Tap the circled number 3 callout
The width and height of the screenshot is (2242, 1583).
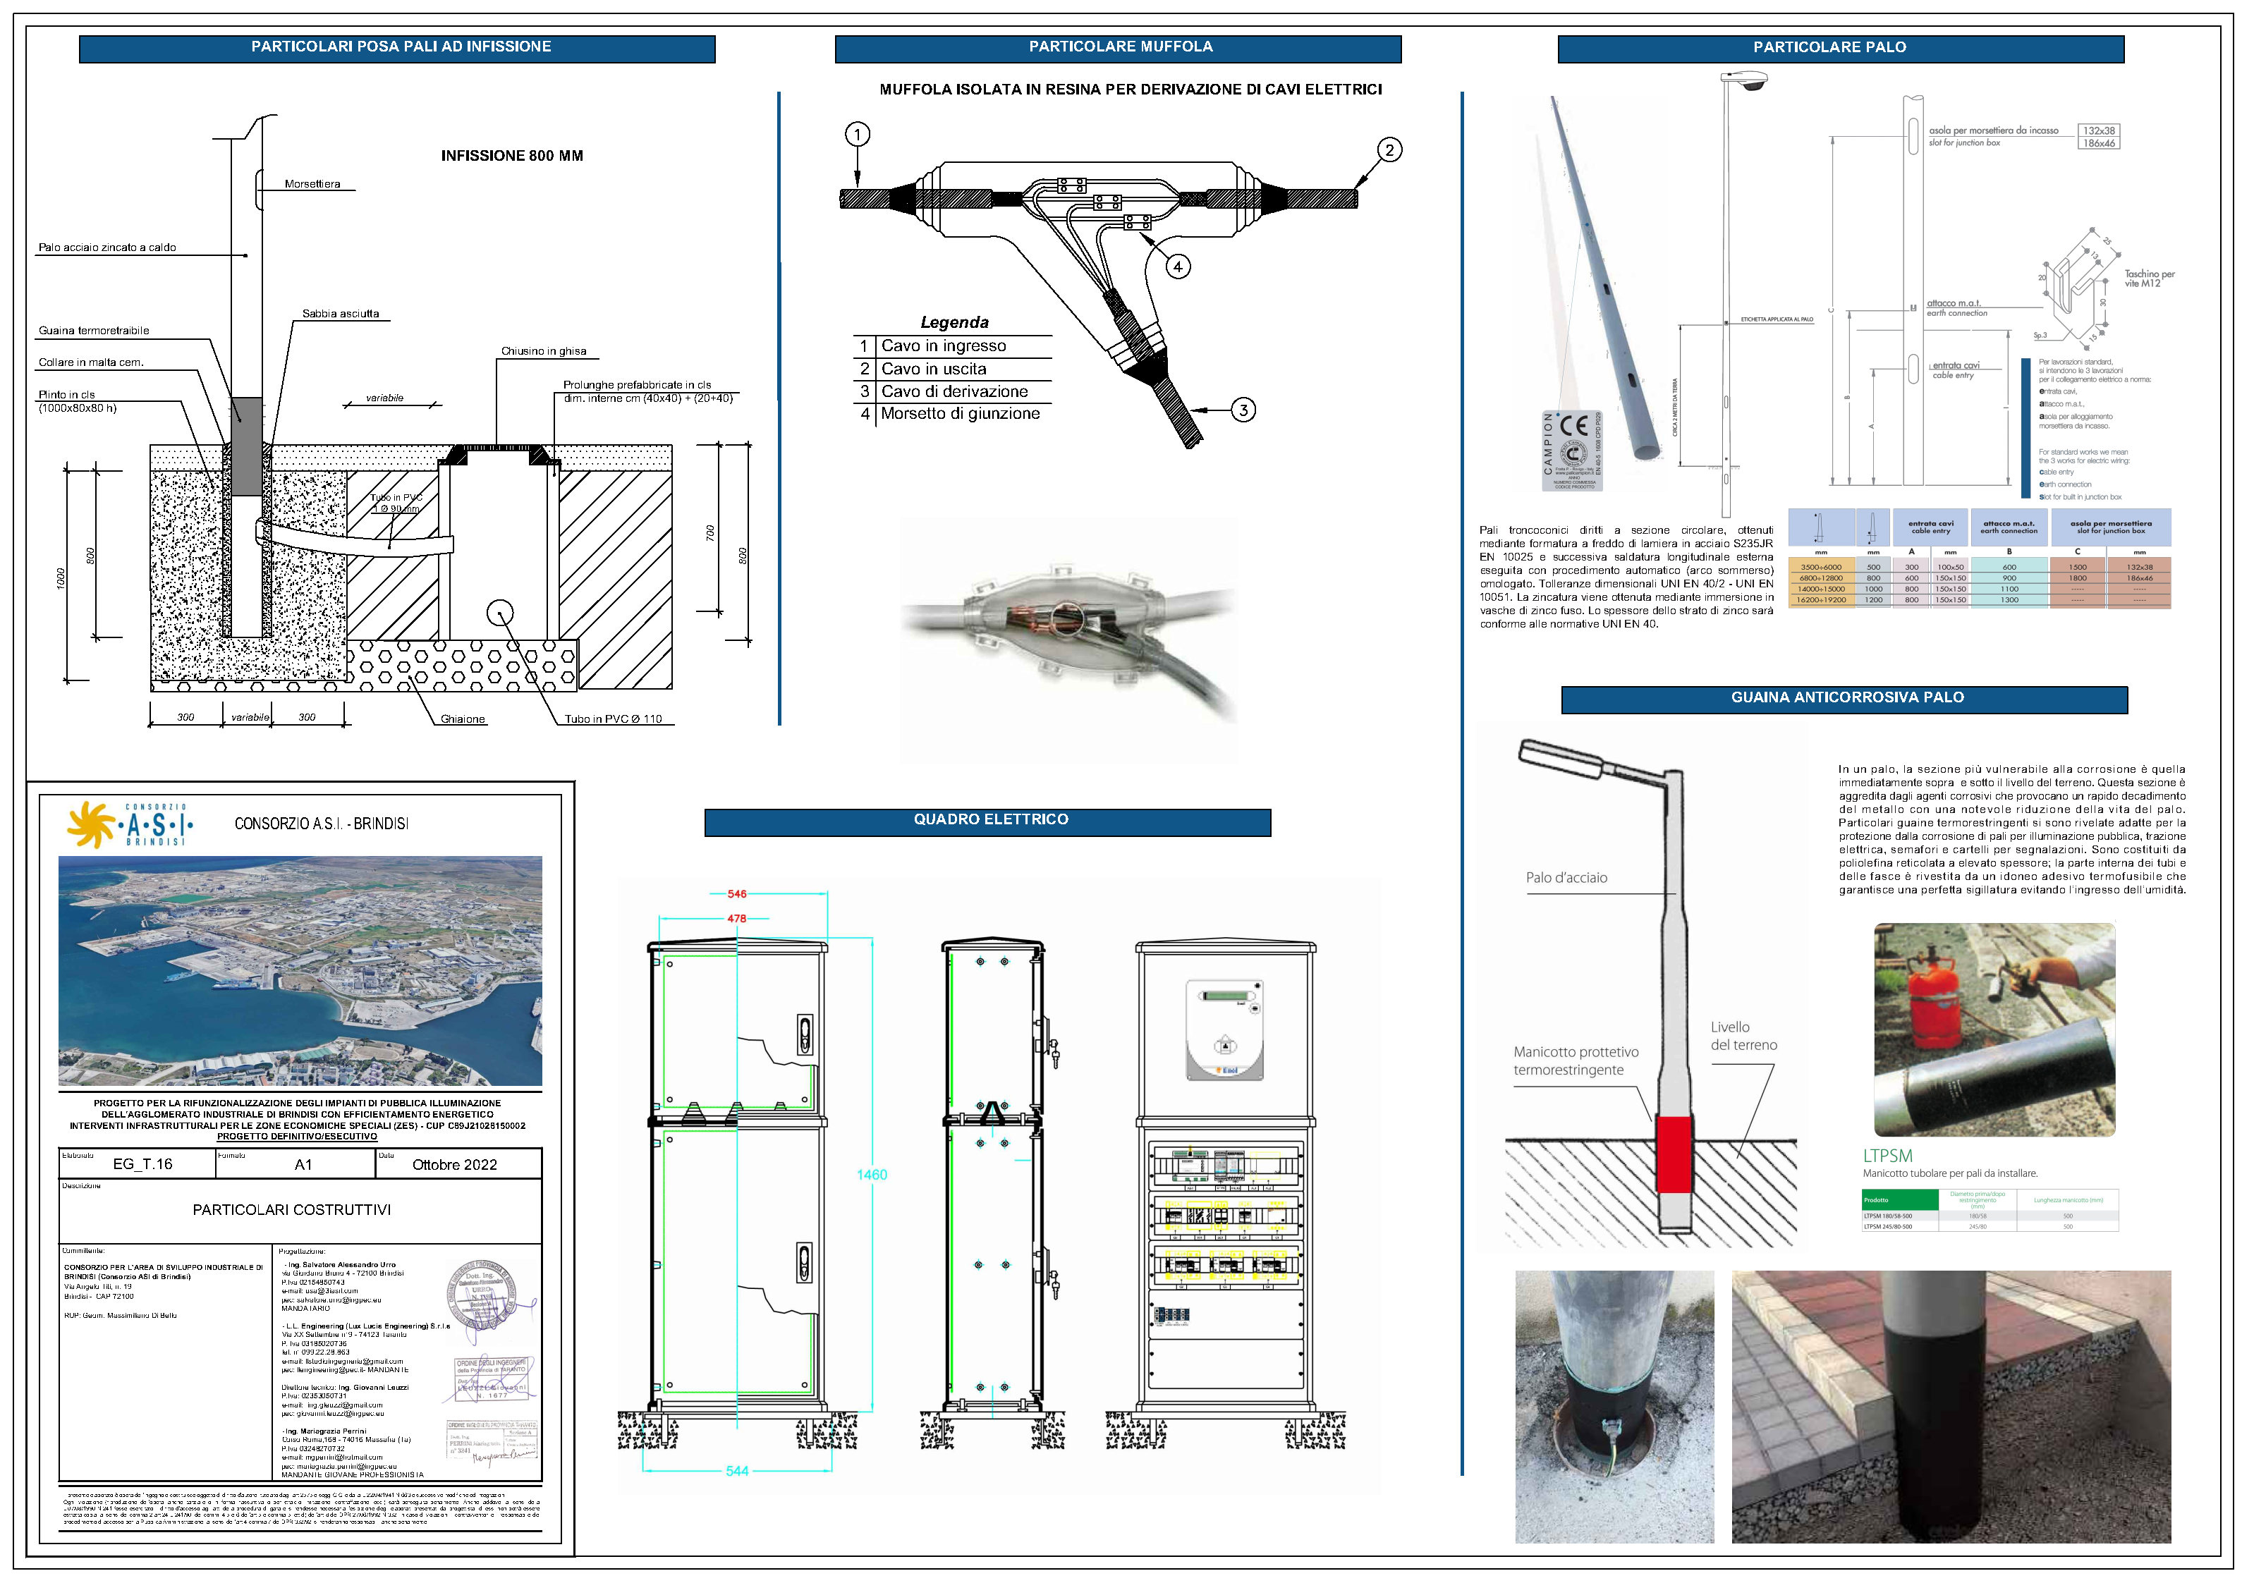[1243, 410]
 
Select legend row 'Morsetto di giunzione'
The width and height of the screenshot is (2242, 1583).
[952, 414]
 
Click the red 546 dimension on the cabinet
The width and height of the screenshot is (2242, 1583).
[736, 893]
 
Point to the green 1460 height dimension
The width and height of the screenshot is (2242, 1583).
[871, 1175]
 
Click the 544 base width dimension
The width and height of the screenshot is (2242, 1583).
[736, 1471]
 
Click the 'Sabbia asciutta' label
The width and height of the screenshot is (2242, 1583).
[340, 314]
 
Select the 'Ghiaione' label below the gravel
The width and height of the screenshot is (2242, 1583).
[462, 719]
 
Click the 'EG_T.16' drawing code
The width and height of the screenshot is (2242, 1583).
[142, 1164]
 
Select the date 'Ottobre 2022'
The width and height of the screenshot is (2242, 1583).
[454, 1164]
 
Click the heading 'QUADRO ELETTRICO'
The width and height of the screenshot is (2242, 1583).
[990, 820]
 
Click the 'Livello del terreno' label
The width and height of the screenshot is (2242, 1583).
[1743, 1036]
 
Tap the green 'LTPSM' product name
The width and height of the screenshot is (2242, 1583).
[1887, 1155]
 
